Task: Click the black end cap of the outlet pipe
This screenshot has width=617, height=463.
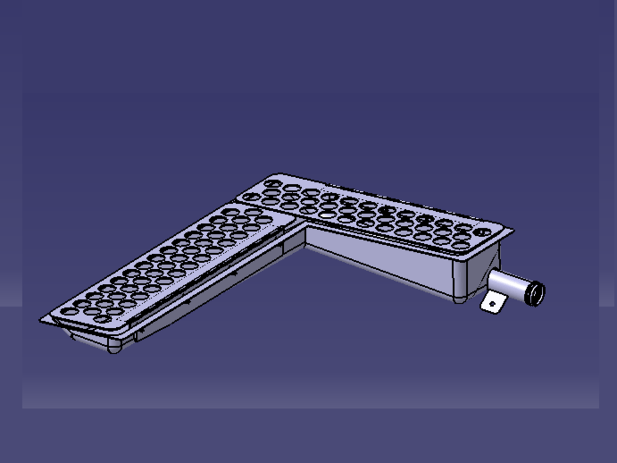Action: click(x=534, y=293)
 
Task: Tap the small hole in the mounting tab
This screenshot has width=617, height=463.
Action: click(x=492, y=304)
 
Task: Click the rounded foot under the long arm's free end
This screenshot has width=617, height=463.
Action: click(x=115, y=348)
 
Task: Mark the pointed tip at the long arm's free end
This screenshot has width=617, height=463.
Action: click(x=42, y=320)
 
